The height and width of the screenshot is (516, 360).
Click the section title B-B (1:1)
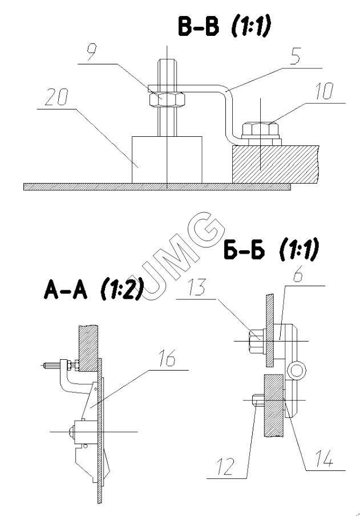click(x=224, y=27)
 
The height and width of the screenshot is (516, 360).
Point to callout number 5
click(x=295, y=56)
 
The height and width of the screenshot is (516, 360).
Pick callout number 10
click(x=325, y=91)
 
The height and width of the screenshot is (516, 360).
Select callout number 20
click(x=56, y=97)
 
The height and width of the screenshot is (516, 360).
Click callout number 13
click(x=197, y=287)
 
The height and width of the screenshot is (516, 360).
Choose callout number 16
click(x=167, y=358)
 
